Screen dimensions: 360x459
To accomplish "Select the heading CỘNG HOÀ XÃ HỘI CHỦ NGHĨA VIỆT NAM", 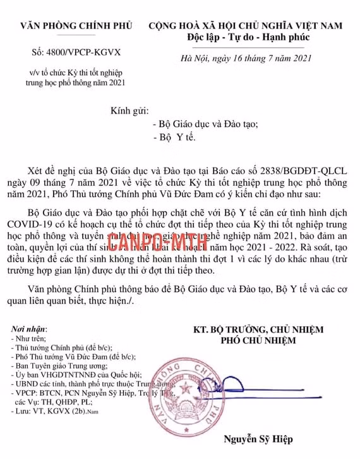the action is point(246,26).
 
